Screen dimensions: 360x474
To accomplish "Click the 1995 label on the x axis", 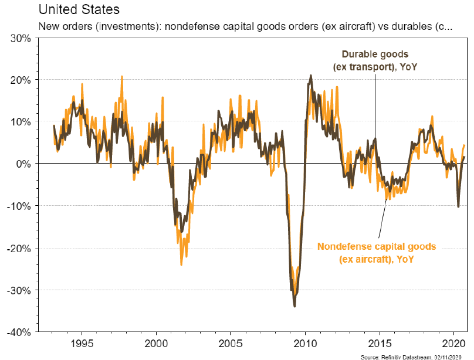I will click(82, 343).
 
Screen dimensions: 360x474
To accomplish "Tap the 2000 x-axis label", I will click(156, 343).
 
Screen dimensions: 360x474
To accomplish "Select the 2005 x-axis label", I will click(231, 343).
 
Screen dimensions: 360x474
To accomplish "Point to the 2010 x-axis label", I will click(305, 343).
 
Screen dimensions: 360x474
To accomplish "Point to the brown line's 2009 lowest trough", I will click(294, 306).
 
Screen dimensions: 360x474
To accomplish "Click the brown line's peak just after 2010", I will click(310, 75).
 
